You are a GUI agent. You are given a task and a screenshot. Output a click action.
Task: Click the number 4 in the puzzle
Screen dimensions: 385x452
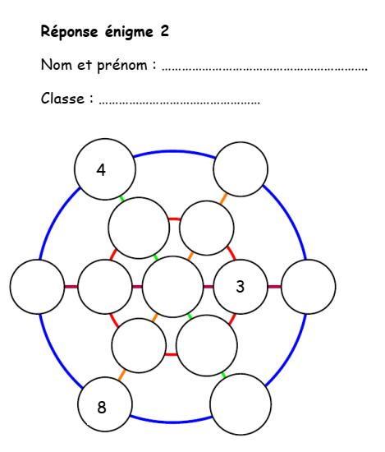point(101,170)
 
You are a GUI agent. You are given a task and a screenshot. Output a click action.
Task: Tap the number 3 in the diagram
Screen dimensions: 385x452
point(241,287)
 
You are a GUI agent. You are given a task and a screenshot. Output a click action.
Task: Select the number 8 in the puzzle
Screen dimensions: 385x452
point(102,408)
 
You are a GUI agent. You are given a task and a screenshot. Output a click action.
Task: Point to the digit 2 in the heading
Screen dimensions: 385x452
point(165,30)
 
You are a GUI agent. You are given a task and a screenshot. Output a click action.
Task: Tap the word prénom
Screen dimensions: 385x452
point(122,65)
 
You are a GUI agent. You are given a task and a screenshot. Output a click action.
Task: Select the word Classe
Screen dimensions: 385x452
point(62,99)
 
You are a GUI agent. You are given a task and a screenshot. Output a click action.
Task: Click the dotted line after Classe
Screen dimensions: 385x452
point(180,104)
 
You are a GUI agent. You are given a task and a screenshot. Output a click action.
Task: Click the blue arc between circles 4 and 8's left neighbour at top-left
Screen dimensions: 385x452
point(56,220)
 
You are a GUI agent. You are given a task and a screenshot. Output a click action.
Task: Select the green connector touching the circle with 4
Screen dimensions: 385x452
point(121,199)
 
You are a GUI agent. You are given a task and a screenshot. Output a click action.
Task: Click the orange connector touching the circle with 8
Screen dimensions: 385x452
point(122,375)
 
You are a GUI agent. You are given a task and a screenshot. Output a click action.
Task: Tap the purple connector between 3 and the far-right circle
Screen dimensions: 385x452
point(274,287)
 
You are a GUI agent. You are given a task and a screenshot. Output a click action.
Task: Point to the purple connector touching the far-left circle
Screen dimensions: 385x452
point(71,287)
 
